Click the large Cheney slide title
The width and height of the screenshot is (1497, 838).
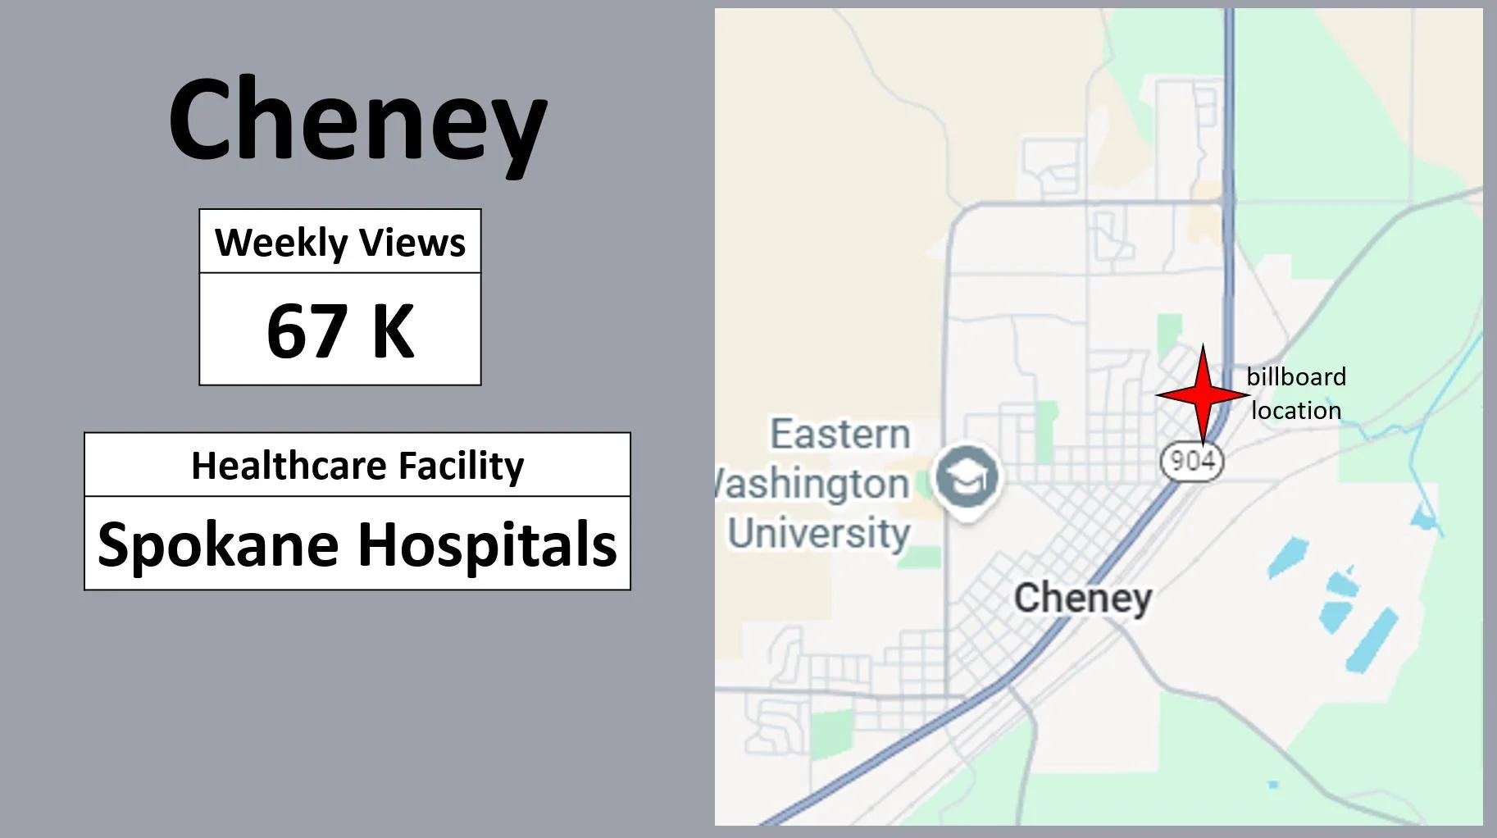click(x=358, y=119)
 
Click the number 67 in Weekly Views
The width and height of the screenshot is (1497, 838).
click(x=306, y=330)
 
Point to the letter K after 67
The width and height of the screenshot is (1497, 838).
click(x=393, y=330)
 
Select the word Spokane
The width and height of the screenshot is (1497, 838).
click(x=217, y=544)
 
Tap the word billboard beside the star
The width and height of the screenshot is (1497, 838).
click(x=1296, y=376)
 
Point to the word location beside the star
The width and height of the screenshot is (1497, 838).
click(x=1296, y=410)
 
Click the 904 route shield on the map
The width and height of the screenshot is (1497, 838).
click(x=1191, y=461)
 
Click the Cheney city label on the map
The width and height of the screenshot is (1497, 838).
click(x=1083, y=598)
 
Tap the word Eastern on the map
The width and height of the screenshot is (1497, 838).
click(x=840, y=434)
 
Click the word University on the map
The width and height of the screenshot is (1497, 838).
click(x=818, y=533)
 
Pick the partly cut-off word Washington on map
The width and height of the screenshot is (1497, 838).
click(x=812, y=484)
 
